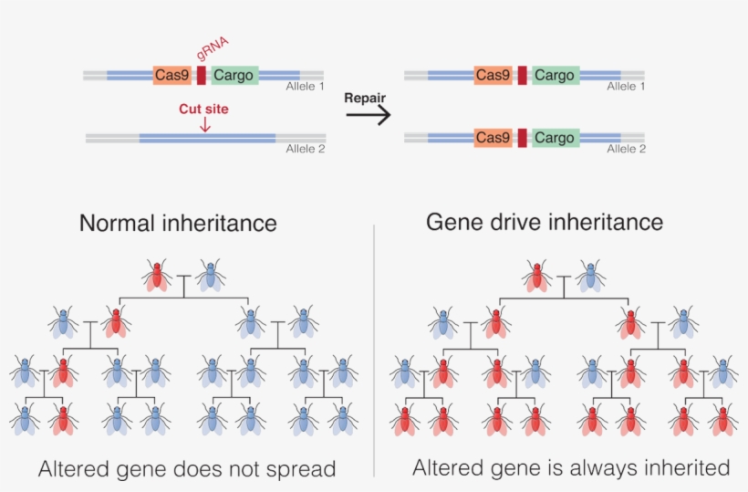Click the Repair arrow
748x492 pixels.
pyautogui.click(x=369, y=115)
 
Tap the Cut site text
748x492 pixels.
pyautogui.click(x=203, y=109)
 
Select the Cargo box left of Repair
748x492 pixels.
pyautogui.click(x=234, y=76)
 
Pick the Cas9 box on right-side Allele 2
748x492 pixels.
pyautogui.click(x=493, y=138)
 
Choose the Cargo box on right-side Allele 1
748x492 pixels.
pyautogui.click(x=555, y=76)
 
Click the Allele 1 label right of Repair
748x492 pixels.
pyautogui.click(x=626, y=87)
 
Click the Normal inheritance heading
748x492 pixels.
pyautogui.click(x=178, y=223)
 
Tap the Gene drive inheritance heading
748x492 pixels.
pyautogui.click(x=545, y=222)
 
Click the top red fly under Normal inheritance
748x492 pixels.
pyautogui.click(x=158, y=274)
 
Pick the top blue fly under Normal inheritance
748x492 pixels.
pyautogui.click(x=211, y=274)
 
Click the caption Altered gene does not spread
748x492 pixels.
pyautogui.click(x=187, y=469)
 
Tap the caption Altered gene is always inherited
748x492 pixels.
pyautogui.click(x=571, y=467)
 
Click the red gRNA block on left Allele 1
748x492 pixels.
pyautogui.click(x=201, y=76)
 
